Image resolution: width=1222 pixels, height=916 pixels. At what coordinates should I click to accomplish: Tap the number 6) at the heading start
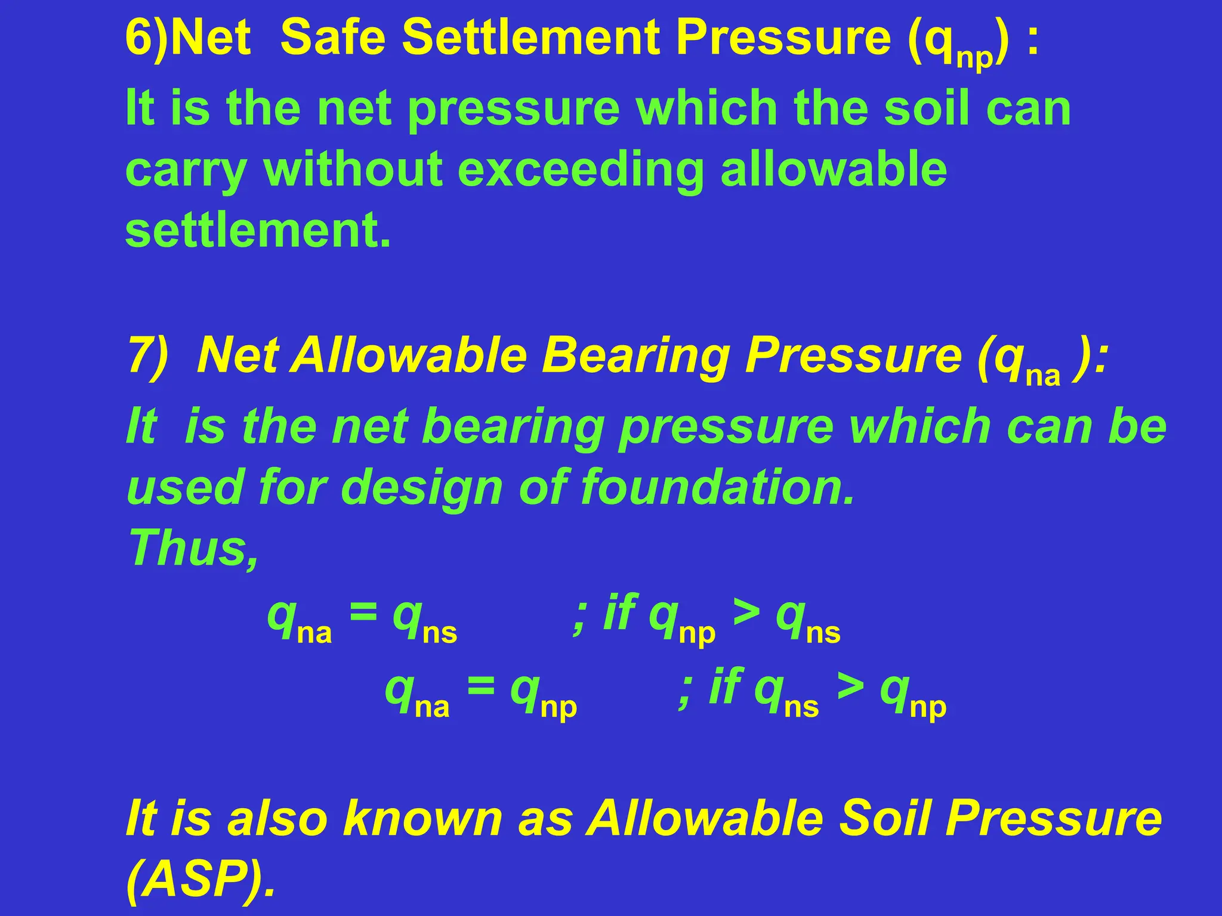147,38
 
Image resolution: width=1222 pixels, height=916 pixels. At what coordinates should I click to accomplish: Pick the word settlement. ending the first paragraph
258,231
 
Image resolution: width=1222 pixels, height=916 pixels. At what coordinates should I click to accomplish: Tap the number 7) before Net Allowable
148,356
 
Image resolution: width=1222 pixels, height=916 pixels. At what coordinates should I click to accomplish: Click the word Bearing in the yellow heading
635,356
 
